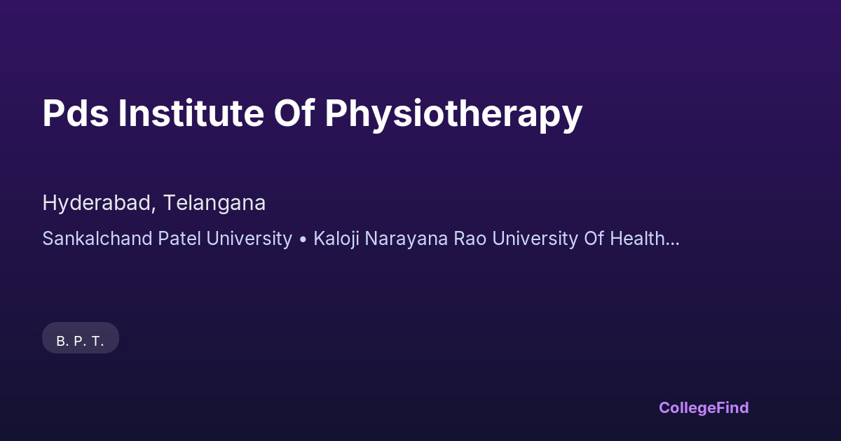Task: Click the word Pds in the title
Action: [x=76, y=113]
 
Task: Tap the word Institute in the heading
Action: [x=191, y=113]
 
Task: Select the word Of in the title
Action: [x=294, y=113]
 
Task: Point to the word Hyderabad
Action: [x=97, y=204]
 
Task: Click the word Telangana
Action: [x=214, y=204]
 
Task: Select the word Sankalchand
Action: [x=97, y=239]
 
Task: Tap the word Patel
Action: [x=179, y=239]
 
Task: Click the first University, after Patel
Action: [x=249, y=239]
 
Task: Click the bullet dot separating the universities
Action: [x=303, y=239]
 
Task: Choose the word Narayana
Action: [x=406, y=239]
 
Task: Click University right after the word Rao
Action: [x=535, y=239]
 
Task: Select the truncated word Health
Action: [x=637, y=239]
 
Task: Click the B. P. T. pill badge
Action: [x=81, y=338]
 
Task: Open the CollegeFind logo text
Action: [x=704, y=408]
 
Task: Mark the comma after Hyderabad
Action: [x=153, y=210]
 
